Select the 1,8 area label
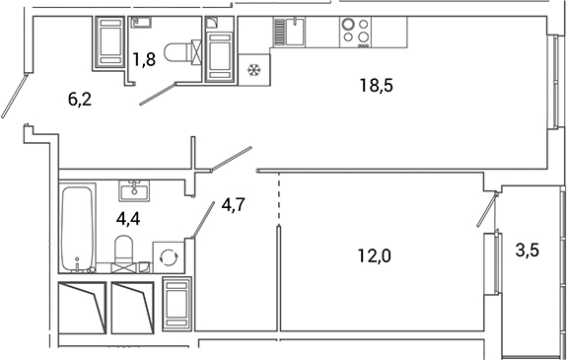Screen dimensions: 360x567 143,59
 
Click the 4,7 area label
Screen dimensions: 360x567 234,205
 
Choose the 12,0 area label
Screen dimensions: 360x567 374,256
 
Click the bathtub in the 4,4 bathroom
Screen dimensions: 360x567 77,227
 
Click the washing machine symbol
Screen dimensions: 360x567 169,257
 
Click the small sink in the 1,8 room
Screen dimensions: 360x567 139,24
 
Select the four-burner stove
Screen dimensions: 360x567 355,33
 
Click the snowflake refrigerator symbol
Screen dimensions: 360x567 254,70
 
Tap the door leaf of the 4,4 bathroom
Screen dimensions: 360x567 205,216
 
